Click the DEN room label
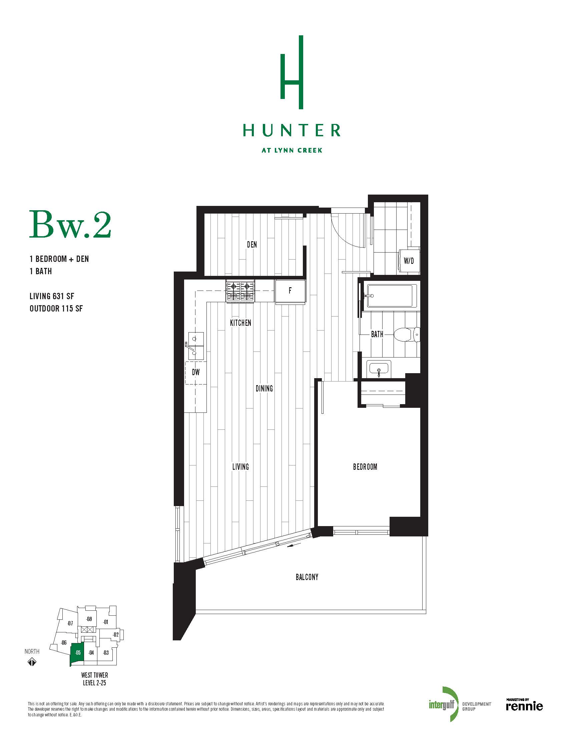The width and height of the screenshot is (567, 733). tap(252, 244)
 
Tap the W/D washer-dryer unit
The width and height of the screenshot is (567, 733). tap(409, 261)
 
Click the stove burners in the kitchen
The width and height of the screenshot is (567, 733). tap(240, 291)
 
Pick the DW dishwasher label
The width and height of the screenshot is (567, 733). tap(196, 372)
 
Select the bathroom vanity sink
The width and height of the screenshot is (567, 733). tap(379, 369)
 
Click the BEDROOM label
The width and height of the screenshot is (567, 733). tap(365, 466)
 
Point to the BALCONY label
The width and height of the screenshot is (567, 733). tap(307, 577)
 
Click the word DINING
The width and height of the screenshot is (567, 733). tap(264, 388)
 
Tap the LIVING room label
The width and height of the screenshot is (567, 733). tap(240, 466)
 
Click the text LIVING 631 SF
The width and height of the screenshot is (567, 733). tap(52, 296)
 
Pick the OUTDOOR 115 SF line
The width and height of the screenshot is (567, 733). tap(56, 309)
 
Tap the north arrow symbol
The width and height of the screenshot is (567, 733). tap(32, 662)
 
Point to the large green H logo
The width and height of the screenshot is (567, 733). tap(292, 72)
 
